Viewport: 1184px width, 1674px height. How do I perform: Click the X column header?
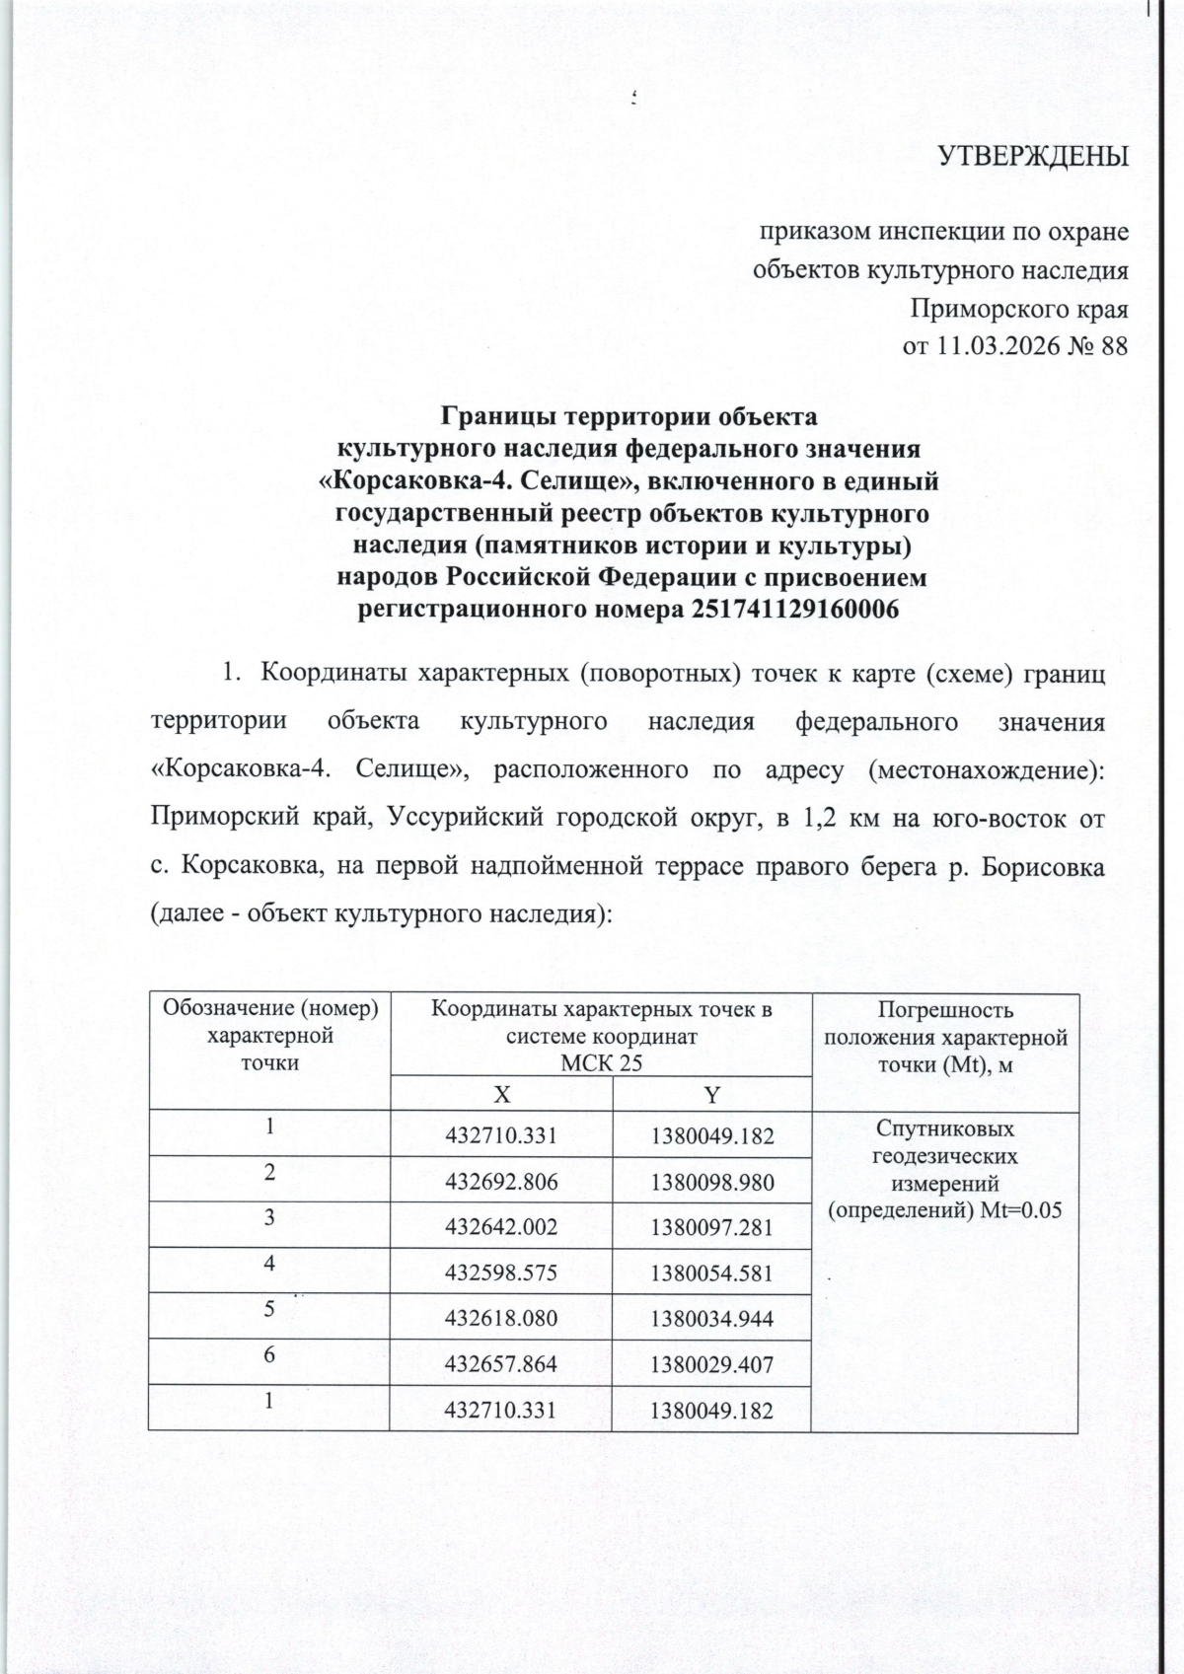click(x=501, y=1094)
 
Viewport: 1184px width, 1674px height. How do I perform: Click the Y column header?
click(x=710, y=1094)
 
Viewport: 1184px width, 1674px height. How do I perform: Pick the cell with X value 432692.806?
click(x=501, y=1182)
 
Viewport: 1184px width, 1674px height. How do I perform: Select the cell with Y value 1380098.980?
click(x=711, y=1182)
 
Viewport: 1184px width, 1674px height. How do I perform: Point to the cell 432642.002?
click(x=501, y=1227)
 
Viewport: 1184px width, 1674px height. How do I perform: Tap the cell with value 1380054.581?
click(x=711, y=1273)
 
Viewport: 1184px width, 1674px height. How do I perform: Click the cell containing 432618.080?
click(x=501, y=1319)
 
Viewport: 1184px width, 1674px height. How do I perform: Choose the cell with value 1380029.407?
click(x=711, y=1364)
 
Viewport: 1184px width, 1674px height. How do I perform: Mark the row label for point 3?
click(x=268, y=1217)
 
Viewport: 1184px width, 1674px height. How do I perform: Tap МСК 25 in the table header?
click(x=601, y=1063)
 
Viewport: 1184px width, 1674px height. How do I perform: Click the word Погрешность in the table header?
click(x=945, y=1010)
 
